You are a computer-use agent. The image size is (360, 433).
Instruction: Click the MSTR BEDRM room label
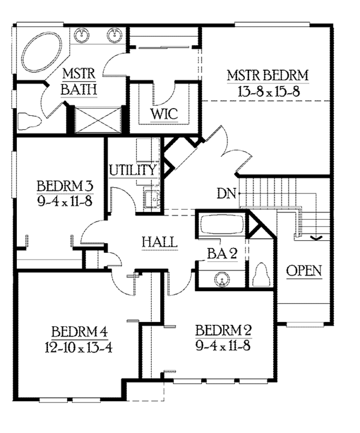[267, 76]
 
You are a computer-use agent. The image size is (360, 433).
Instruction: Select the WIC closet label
[163, 114]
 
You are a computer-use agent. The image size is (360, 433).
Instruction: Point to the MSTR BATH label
[80, 81]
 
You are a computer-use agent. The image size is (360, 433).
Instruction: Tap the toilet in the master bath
[29, 122]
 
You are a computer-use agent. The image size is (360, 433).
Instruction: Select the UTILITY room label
[133, 171]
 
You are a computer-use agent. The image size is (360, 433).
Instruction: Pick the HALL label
[160, 242]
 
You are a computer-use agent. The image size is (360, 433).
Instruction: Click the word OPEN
[304, 271]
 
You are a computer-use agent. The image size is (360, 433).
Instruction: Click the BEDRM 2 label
[223, 331]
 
